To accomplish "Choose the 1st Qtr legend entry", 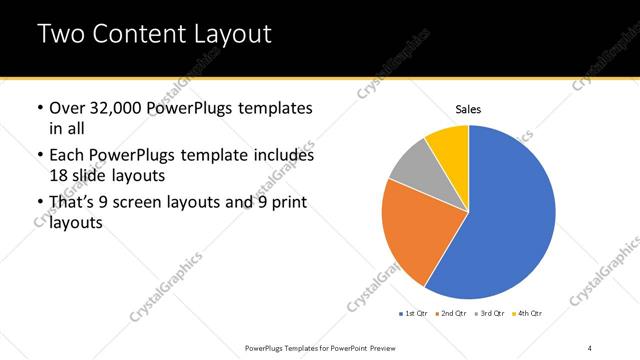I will [415, 314].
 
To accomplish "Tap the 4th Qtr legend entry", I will [529, 314].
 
